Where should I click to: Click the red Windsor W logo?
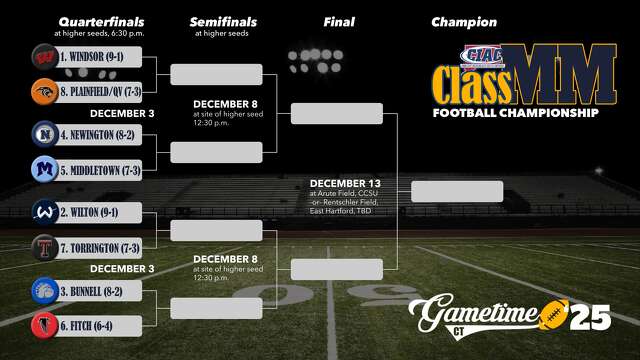tap(43, 56)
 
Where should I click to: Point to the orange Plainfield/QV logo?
tap(43, 92)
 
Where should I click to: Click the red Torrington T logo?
tap(43, 247)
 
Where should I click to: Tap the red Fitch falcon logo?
tap(43, 324)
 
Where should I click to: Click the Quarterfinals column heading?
tap(101, 22)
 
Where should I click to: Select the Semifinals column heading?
tap(223, 22)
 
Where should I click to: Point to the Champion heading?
tap(463, 22)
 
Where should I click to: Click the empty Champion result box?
tap(457, 191)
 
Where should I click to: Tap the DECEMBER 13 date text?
tap(346, 183)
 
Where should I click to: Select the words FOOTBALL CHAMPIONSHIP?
tap(515, 113)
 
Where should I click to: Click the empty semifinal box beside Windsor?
tap(216, 74)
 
